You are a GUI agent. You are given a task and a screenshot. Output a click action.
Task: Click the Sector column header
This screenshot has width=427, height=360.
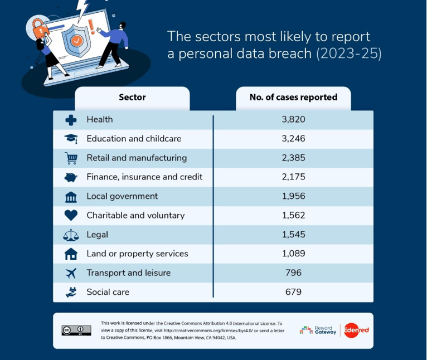[x=132, y=98]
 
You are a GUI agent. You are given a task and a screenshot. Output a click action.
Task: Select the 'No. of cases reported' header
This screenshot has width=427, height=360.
[x=293, y=98]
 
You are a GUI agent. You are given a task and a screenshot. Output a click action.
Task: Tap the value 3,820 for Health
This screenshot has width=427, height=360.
[x=293, y=119]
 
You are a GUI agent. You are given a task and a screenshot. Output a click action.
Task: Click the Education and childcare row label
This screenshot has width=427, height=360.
[x=134, y=139]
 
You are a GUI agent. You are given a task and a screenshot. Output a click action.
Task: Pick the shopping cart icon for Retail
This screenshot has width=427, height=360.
[x=71, y=158]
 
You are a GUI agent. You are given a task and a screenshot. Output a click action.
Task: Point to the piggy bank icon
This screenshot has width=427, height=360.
[x=71, y=177]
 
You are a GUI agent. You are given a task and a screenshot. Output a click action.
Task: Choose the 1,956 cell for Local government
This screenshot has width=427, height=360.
[x=293, y=196]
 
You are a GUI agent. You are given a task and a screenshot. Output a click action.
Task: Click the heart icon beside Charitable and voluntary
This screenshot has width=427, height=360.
[x=71, y=215]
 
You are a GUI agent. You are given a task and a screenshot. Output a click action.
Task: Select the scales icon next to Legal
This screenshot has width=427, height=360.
[x=71, y=235]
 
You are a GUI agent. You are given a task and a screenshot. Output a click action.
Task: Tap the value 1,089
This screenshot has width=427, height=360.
[x=293, y=254]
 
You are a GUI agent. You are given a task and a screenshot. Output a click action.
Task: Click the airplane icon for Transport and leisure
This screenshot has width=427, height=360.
[x=71, y=273]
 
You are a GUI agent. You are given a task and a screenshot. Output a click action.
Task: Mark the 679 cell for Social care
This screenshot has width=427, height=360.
[x=293, y=292]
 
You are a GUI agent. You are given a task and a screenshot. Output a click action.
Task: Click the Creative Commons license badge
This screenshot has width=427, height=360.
[x=76, y=330]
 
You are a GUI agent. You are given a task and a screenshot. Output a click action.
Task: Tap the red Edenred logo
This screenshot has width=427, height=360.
[x=356, y=330]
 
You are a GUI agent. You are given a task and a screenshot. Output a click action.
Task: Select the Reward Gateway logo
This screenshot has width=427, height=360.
[x=318, y=330]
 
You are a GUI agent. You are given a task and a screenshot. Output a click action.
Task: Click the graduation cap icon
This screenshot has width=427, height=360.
[x=71, y=139]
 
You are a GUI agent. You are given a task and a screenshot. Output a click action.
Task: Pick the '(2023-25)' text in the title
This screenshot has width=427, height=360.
[x=349, y=55]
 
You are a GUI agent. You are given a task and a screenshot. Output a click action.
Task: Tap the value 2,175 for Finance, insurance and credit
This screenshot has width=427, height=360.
[x=293, y=177]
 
